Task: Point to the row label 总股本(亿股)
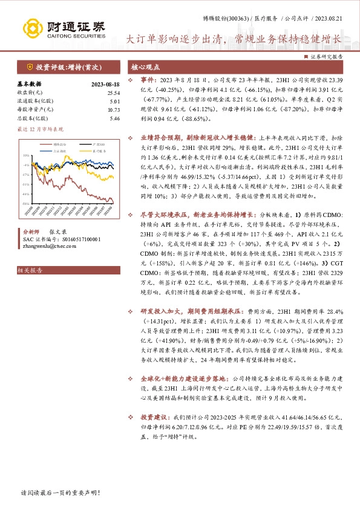(30, 118)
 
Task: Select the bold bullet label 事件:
(148, 79)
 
